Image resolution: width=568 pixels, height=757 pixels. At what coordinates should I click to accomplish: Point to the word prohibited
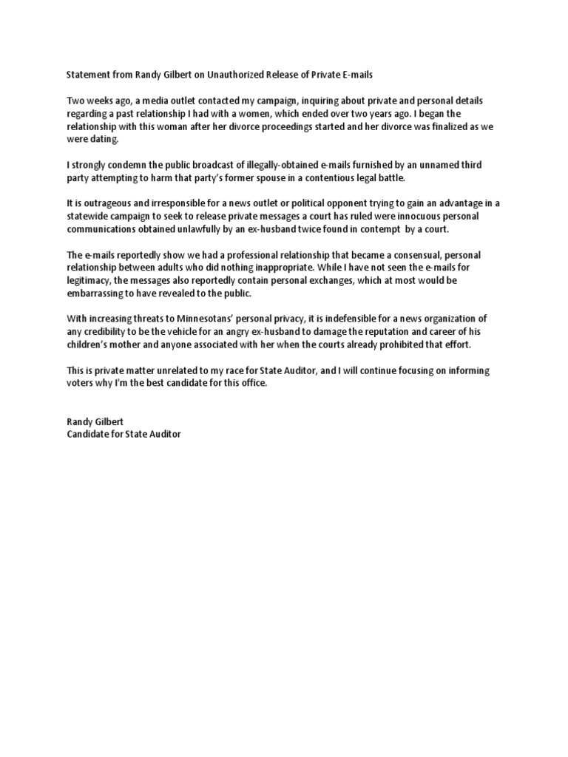pos(413,344)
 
